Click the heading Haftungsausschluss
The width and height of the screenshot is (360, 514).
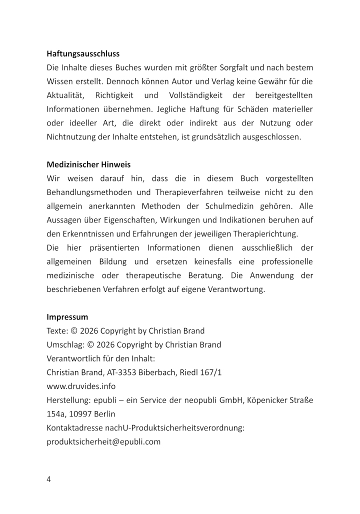[83, 53]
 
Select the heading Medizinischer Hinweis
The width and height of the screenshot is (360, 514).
[88, 164]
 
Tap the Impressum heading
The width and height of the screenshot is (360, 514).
[67, 316]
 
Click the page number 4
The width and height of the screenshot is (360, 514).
[48, 479]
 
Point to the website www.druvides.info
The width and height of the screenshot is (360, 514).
[81, 386]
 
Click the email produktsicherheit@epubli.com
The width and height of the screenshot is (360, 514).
[103, 441]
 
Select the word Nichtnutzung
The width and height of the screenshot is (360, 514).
[69, 136]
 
